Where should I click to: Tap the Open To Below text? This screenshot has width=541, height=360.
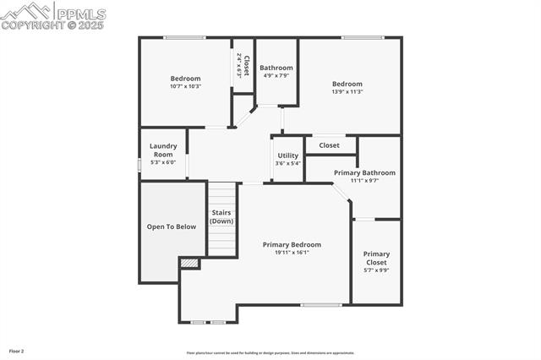click(x=172, y=226)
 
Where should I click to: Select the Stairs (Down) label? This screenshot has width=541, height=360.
click(x=221, y=216)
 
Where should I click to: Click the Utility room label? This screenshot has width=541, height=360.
click(x=287, y=155)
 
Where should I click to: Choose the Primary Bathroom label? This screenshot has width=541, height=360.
click(x=364, y=172)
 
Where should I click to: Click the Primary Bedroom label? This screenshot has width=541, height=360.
click(x=292, y=244)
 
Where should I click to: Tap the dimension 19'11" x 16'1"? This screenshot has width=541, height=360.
click(x=292, y=252)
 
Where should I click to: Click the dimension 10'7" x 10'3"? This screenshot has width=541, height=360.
click(x=185, y=86)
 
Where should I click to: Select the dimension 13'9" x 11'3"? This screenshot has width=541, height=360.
click(x=347, y=91)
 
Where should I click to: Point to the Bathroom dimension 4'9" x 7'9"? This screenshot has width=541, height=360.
click(x=276, y=75)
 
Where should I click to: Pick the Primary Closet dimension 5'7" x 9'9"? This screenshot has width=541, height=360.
click(x=376, y=270)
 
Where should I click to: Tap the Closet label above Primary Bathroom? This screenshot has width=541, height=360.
click(x=329, y=145)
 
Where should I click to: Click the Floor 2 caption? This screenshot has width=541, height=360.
click(x=17, y=350)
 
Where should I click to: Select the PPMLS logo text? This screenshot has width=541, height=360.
click(x=81, y=14)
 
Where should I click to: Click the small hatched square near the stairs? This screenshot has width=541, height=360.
click(x=190, y=264)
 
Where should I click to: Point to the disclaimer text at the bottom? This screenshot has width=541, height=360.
click(x=270, y=353)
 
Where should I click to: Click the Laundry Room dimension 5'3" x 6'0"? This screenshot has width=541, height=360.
click(x=162, y=162)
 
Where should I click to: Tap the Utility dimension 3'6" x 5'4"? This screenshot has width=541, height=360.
click(x=287, y=163)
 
